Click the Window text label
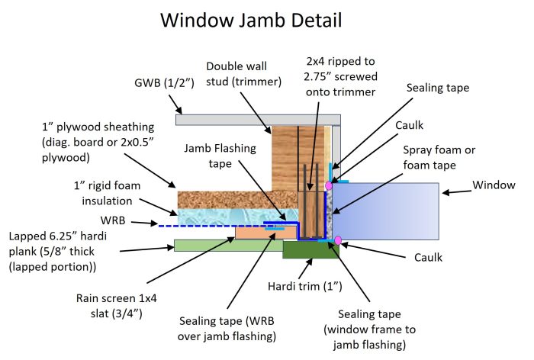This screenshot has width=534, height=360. pyautogui.click(x=494, y=185)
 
